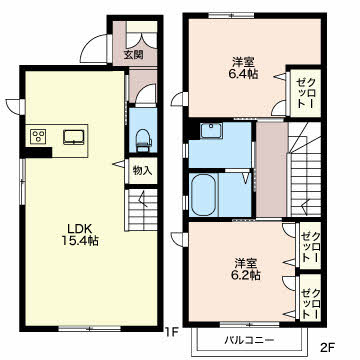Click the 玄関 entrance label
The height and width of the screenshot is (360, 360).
(x=134, y=55)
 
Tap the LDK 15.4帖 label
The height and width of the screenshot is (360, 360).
(x=80, y=234)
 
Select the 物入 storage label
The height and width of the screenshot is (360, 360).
(x=143, y=170)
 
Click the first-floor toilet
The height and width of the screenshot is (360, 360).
(x=144, y=140)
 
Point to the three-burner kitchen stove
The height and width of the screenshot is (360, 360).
(x=38, y=136)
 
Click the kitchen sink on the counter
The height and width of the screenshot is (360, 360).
(x=74, y=137)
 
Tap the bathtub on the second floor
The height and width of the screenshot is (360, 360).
(x=203, y=194)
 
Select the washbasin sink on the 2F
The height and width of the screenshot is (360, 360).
(x=211, y=130)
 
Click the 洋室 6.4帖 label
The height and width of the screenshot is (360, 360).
(x=245, y=68)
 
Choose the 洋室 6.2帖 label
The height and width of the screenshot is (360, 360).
(x=247, y=269)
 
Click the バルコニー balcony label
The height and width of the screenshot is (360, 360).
(x=249, y=340)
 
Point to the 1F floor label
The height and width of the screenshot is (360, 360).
(x=173, y=332)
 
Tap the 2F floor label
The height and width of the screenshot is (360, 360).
(x=327, y=348)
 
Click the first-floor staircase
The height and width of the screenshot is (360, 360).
(x=141, y=210)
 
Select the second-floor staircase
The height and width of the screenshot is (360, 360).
(x=304, y=169)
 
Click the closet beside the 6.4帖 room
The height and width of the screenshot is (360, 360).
(x=305, y=93)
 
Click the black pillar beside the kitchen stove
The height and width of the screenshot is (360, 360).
(x=37, y=152)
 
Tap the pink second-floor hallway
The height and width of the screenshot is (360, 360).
(x=272, y=169)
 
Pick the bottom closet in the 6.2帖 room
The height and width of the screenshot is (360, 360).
(x=310, y=298)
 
